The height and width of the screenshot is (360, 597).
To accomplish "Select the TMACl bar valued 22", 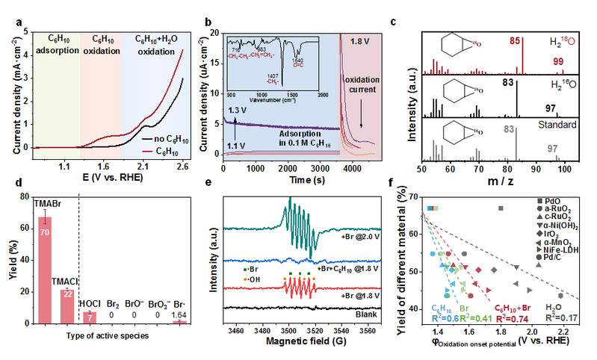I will click(x=69, y=306).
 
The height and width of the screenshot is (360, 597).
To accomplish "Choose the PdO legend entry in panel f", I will click(x=551, y=202).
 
